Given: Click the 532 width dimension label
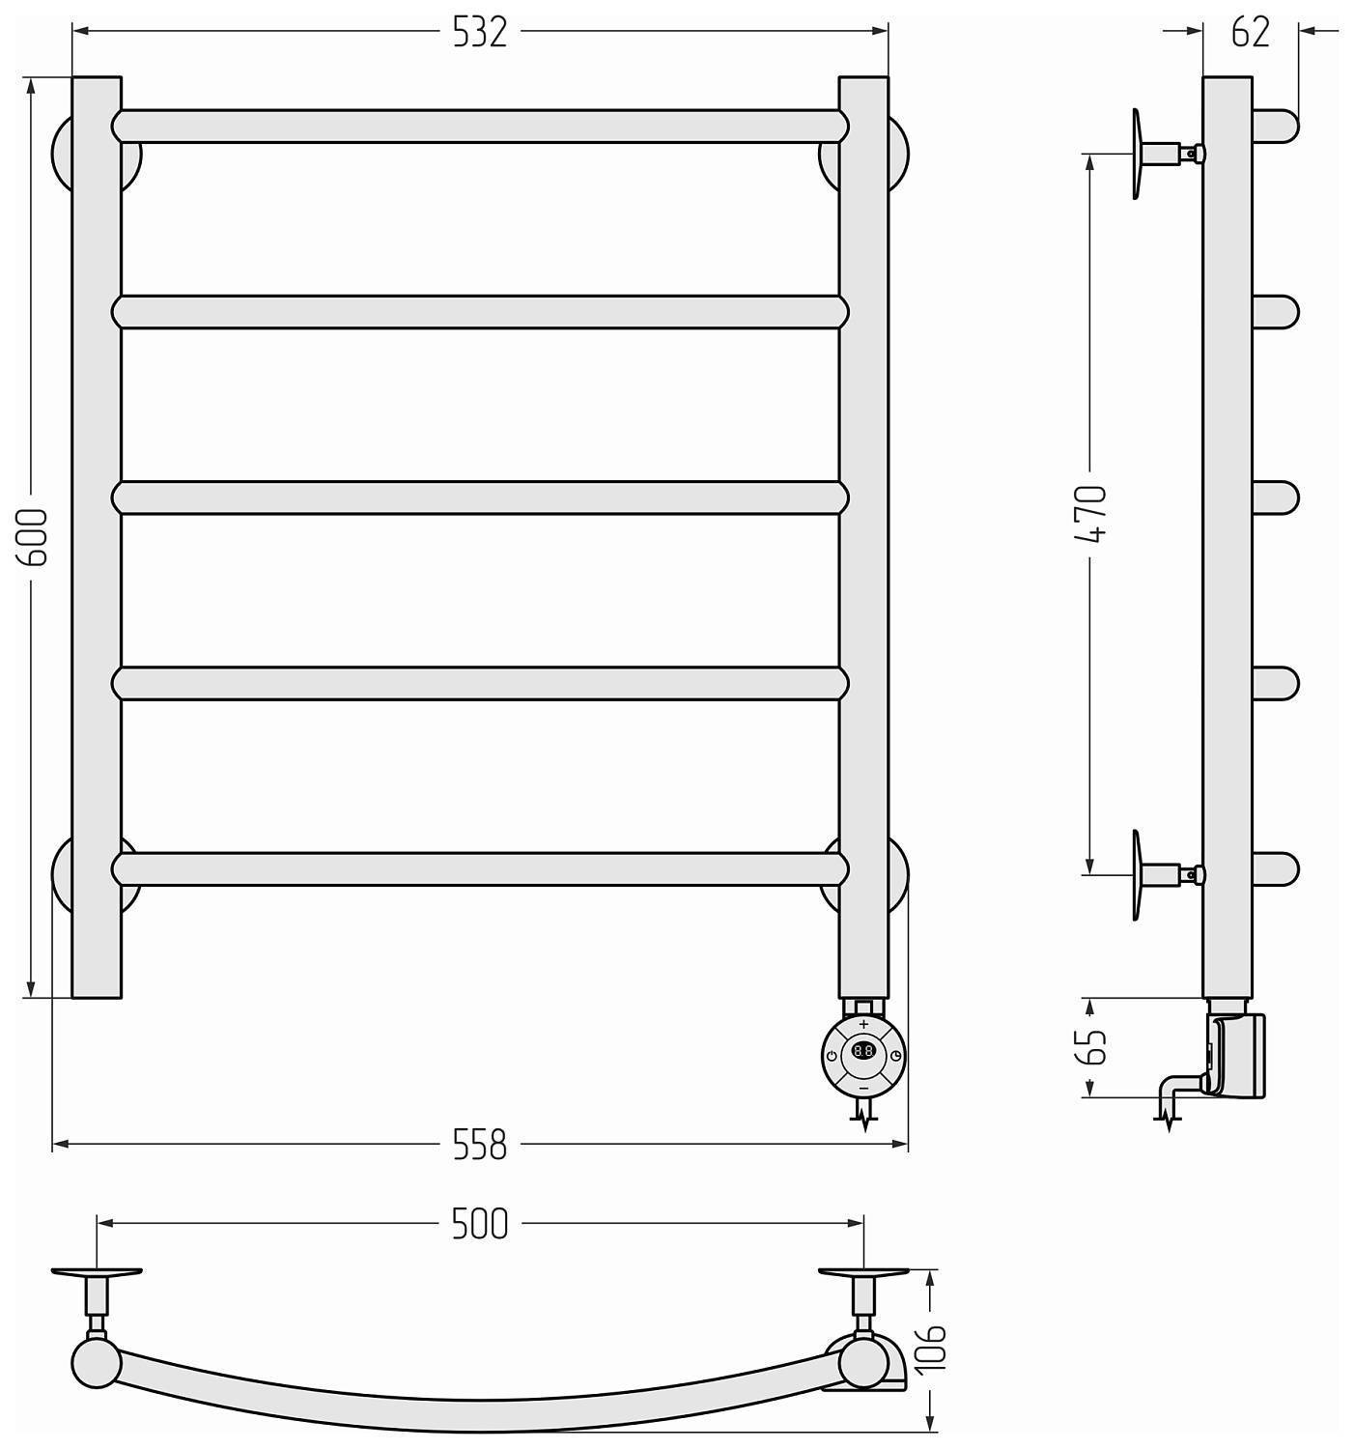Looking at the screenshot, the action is [x=479, y=32].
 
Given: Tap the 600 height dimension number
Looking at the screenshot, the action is [x=33, y=537].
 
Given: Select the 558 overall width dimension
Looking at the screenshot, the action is [x=479, y=1144].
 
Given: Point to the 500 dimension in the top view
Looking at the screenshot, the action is [x=479, y=1224].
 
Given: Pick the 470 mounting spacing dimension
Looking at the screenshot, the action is [x=1091, y=514].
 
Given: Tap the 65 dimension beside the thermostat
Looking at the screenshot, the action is [x=1091, y=1047].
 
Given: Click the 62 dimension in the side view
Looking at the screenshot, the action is [x=1251, y=32].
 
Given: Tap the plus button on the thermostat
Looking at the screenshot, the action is [x=863, y=1024].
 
